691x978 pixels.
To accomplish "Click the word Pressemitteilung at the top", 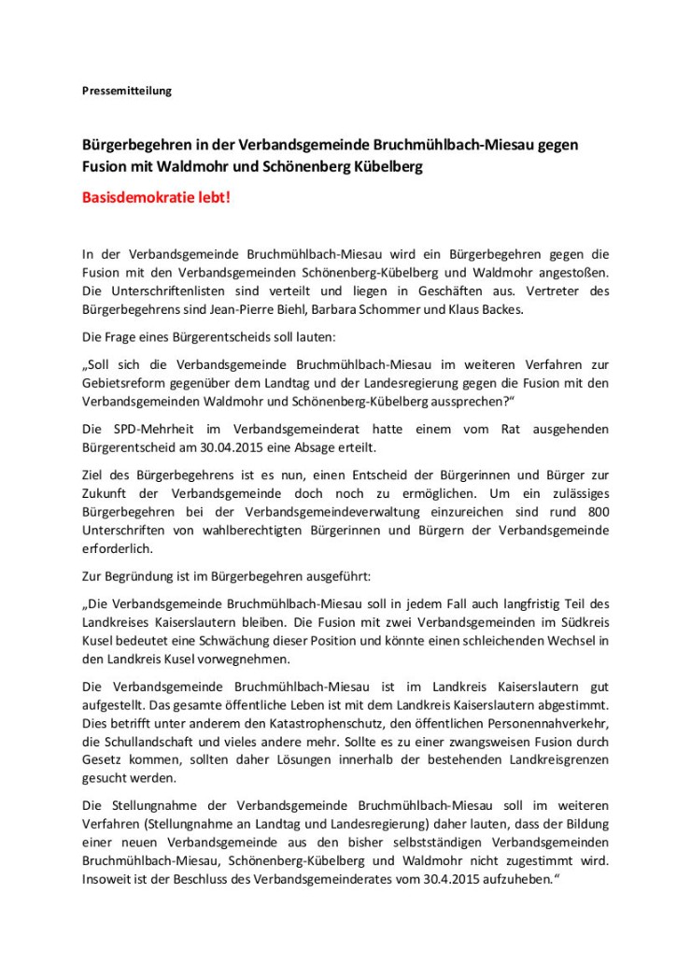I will point(126,92).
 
